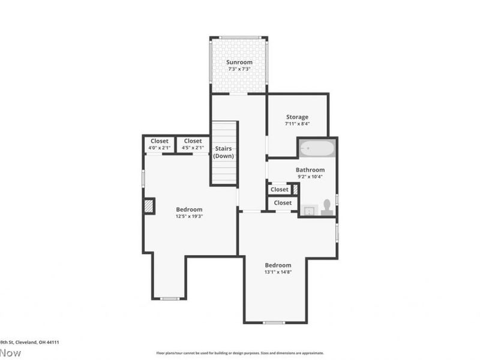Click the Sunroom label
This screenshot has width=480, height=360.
click(239, 62)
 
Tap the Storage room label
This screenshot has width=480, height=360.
click(297, 117)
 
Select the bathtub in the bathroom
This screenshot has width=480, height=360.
click(317, 148)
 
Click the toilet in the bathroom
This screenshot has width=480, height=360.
click(327, 206)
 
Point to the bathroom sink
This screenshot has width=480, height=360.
click(310, 210)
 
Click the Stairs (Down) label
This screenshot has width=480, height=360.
click(223, 152)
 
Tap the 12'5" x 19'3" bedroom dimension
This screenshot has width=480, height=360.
click(189, 216)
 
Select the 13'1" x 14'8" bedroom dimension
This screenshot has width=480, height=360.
click(278, 272)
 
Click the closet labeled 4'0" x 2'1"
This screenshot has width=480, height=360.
click(159, 144)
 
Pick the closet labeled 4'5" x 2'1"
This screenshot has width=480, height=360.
click(193, 144)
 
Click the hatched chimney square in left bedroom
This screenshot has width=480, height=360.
click(149, 206)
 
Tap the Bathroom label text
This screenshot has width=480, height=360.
click(310, 170)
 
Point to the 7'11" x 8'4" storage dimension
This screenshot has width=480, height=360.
click(297, 124)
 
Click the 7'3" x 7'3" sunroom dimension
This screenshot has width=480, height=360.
click(239, 69)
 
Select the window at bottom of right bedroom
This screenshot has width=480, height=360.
click(274, 323)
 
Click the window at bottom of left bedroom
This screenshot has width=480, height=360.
click(170, 298)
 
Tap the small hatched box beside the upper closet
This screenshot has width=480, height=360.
click(295, 189)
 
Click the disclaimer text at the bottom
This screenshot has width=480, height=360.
click(240, 353)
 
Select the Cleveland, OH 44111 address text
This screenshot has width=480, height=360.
click(30, 342)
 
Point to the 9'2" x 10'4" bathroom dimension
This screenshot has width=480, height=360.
click(310, 176)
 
